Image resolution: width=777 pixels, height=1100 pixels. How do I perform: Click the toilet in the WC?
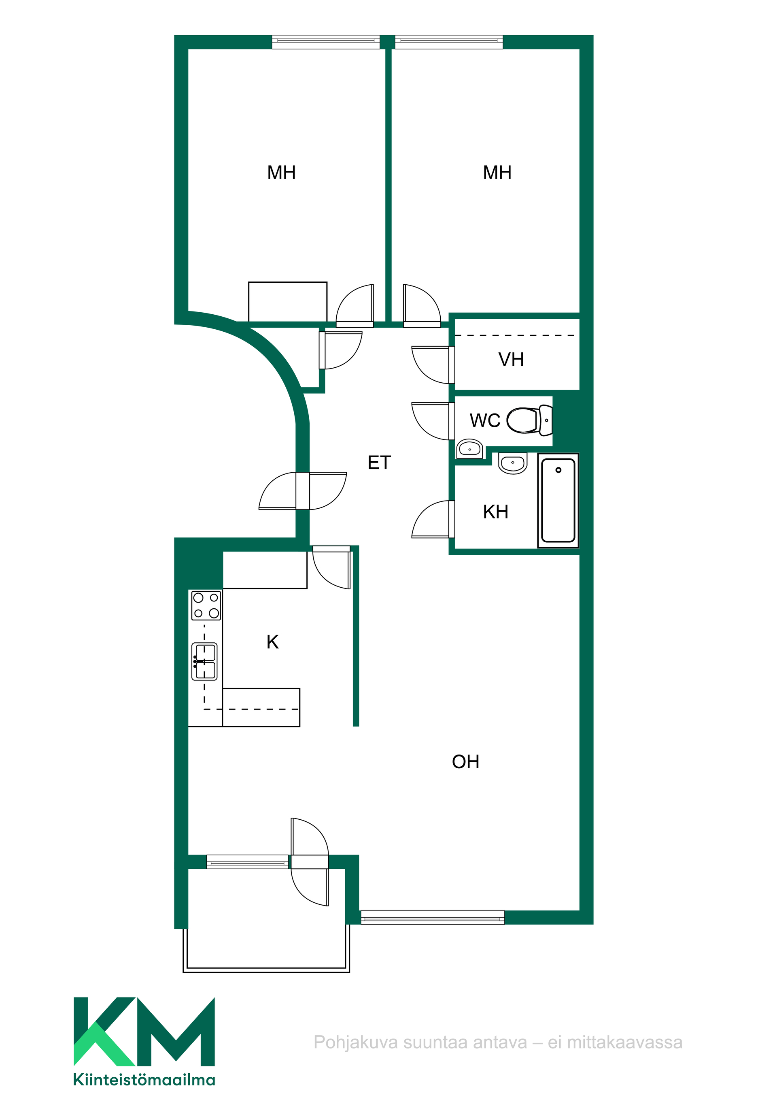click(529, 420)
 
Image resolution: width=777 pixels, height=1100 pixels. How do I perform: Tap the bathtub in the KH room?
click(558, 500)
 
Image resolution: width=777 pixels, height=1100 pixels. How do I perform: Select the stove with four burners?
click(206, 605)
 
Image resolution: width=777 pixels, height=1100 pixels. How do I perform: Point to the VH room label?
click(511, 359)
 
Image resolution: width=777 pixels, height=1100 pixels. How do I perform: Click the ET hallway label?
click(379, 463)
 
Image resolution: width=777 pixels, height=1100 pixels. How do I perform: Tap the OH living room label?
click(465, 762)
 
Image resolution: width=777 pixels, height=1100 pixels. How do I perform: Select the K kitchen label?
click(272, 642)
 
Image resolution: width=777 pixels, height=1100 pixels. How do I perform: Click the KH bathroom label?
click(495, 512)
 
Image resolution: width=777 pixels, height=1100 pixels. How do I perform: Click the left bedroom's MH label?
click(282, 173)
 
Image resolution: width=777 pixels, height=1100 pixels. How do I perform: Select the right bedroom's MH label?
click(497, 173)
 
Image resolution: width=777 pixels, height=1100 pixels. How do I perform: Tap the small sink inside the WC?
click(470, 449)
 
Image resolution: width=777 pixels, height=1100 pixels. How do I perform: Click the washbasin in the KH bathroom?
click(513, 463)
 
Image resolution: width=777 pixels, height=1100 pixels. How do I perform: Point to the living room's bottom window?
click(432, 917)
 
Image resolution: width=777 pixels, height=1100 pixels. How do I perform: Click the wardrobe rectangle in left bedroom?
click(288, 302)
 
